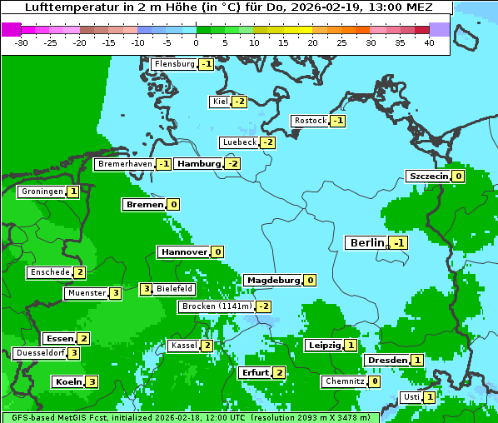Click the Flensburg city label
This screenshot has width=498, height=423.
pos(174,64)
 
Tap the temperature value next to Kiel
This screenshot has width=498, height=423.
pos(240,102)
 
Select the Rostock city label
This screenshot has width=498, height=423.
pos(311,121)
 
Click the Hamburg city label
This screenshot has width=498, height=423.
pos(198,164)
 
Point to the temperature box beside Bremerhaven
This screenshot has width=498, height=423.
pos(163,165)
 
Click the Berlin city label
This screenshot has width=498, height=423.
pos(366,242)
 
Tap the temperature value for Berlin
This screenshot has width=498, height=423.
pos(399,243)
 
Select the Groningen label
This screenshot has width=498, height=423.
pos(42,192)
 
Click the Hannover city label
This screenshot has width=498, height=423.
pos(183,251)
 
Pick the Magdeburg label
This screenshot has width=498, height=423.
pos(272,280)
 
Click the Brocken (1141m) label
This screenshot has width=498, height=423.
pos(216,306)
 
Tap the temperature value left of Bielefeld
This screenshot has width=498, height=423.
pos(146,289)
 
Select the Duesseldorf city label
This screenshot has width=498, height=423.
pos(40,353)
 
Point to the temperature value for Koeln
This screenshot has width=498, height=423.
pos(92,382)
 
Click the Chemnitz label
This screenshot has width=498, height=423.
pos(344,381)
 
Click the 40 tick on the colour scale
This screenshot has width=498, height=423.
pos(429,42)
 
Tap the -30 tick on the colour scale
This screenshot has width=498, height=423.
pos(22,42)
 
